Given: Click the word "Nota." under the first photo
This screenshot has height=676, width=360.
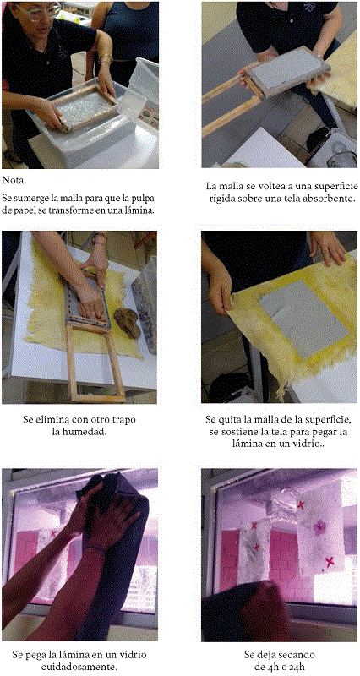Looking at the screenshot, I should [14, 180].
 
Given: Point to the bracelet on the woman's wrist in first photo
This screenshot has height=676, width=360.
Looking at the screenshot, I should [106, 60].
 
